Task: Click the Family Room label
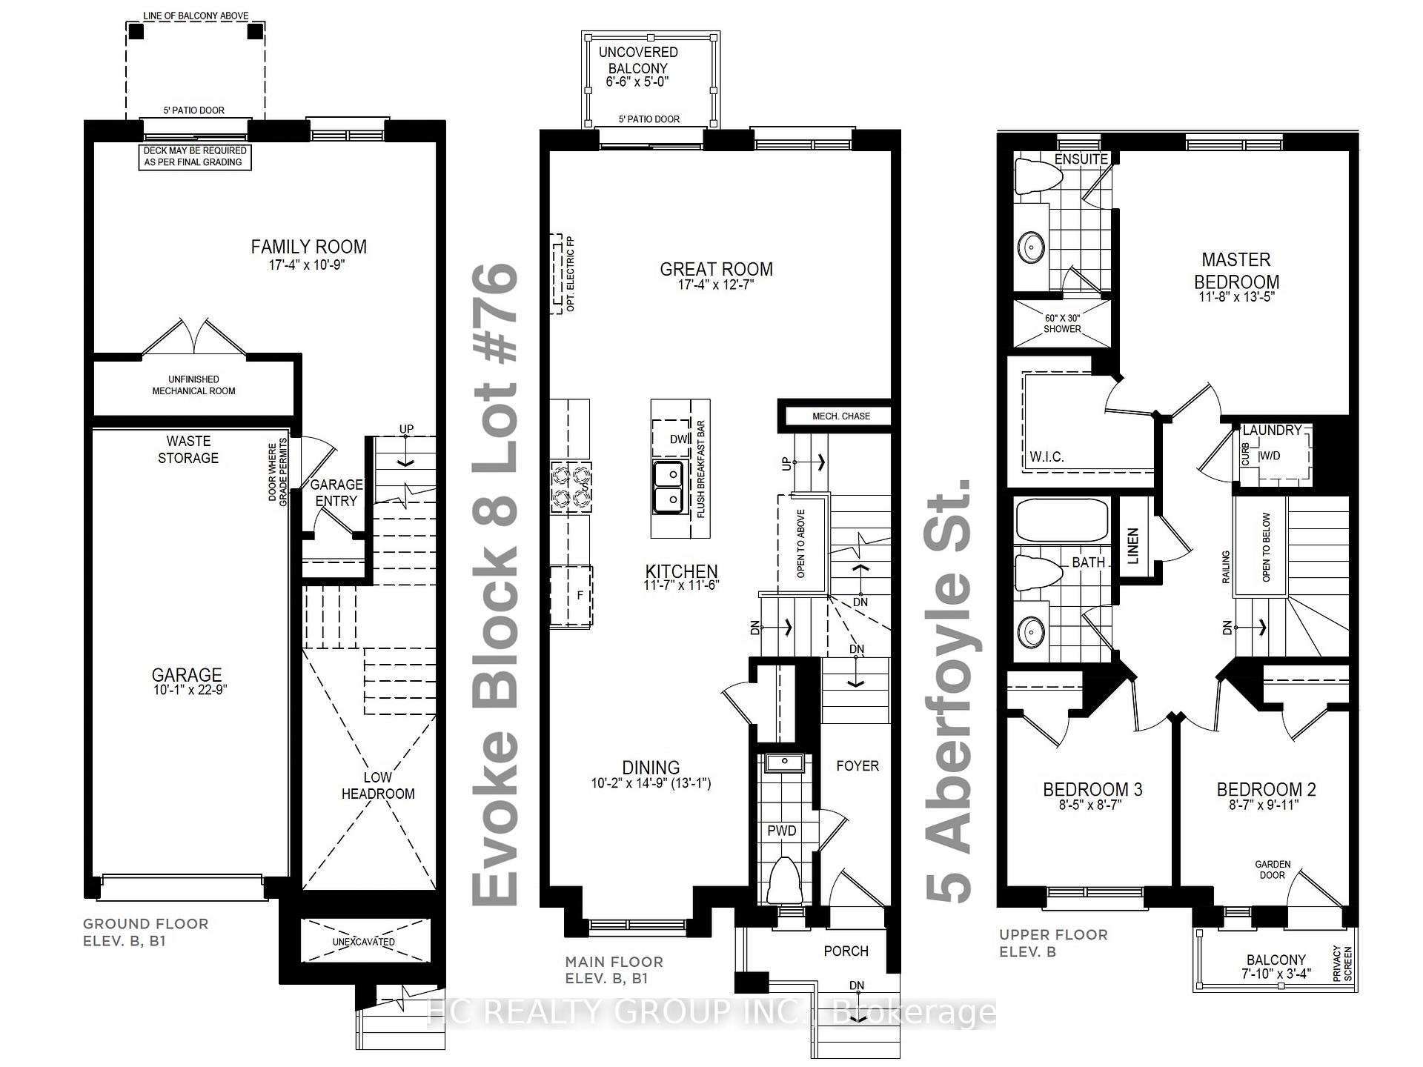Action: [308, 247]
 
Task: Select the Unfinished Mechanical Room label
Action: [193, 385]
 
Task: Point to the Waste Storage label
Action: [188, 450]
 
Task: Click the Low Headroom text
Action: [378, 785]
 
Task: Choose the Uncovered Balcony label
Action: [638, 60]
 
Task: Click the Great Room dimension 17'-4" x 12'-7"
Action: [716, 285]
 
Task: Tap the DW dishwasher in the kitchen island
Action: [677, 439]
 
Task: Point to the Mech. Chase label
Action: [841, 416]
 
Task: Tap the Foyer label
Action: [858, 765]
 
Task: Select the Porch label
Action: [846, 951]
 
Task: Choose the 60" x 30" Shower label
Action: [1062, 323]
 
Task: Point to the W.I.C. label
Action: [1046, 457]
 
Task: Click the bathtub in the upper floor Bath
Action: [1061, 521]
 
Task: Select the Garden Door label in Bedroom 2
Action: [1273, 870]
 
